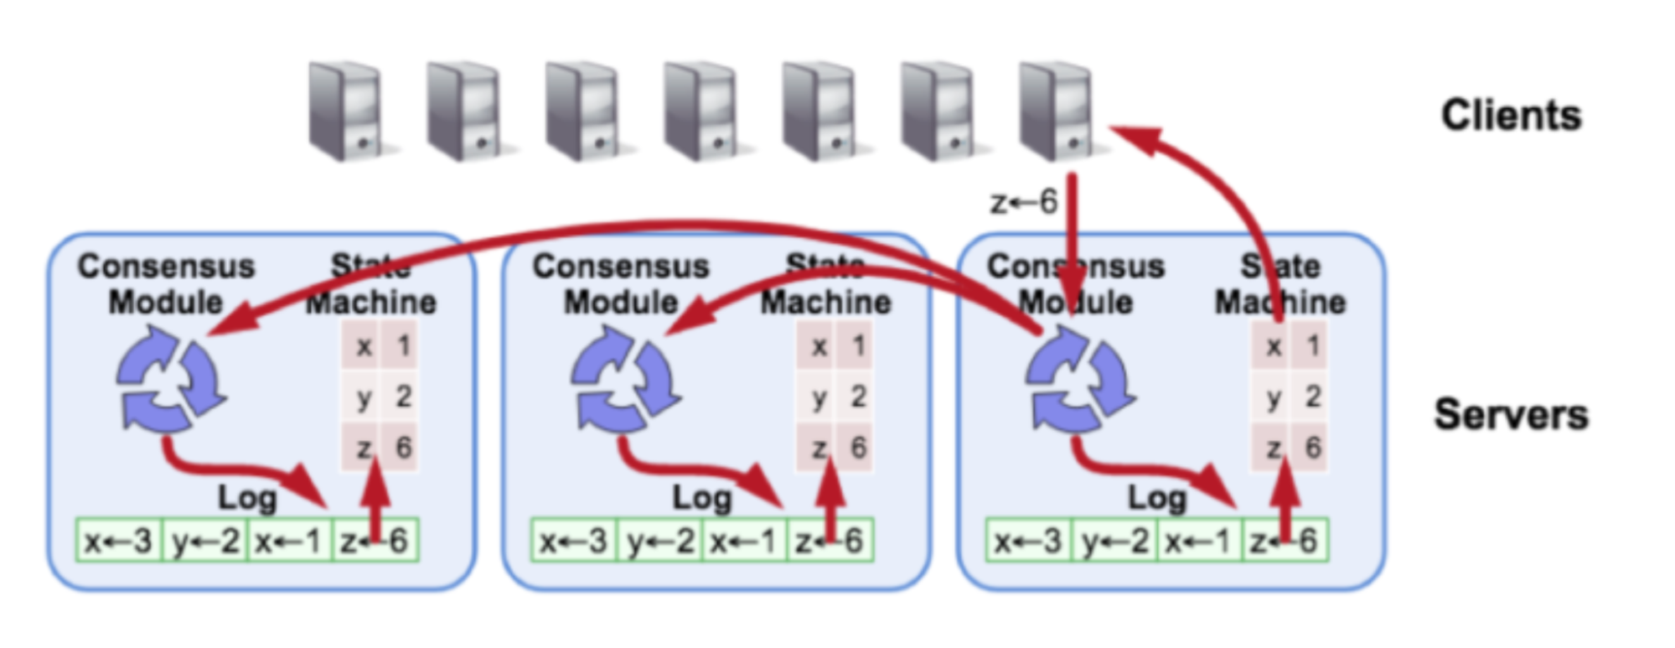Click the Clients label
click(x=1511, y=116)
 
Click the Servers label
click(x=1511, y=414)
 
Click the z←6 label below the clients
click(x=1023, y=202)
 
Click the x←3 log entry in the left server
click(x=119, y=541)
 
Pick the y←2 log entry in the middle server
click(x=660, y=541)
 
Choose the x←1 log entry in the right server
click(x=1198, y=541)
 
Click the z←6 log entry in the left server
click(x=375, y=541)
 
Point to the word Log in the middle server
click(x=702, y=498)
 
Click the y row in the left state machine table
click(x=380, y=397)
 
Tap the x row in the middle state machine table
click(x=835, y=345)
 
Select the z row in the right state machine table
click(x=1290, y=448)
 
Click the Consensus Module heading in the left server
click(x=166, y=283)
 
